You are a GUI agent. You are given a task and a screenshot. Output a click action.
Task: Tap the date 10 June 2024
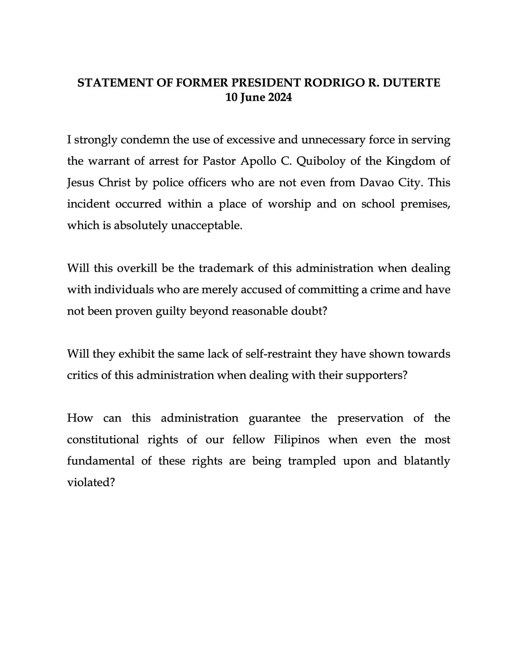tap(258, 97)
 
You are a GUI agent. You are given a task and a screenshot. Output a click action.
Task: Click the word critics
tap(82, 375)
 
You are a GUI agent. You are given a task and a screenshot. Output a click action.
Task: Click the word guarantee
tap(275, 418)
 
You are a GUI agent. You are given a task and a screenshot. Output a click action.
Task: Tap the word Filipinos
tap(296, 440)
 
